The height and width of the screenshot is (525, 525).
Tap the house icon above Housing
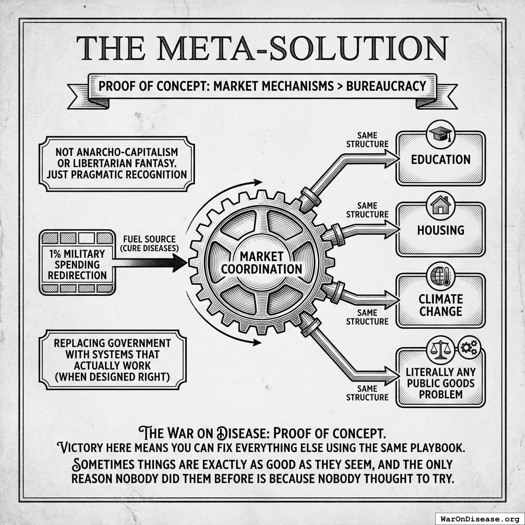pos(440,205)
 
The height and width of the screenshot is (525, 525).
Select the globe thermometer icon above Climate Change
pos(440,275)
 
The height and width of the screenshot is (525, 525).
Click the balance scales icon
pos(440,349)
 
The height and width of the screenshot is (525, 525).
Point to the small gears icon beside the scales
pos(469,348)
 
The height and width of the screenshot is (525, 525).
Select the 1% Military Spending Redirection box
pos(77,262)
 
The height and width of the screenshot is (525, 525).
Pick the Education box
pos(440,159)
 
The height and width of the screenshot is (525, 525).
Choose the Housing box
pos(440,230)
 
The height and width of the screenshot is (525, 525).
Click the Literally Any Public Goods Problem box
pos(440,382)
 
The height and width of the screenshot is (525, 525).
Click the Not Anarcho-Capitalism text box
pos(116,164)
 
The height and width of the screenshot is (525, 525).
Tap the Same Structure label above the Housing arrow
pos(367,210)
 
